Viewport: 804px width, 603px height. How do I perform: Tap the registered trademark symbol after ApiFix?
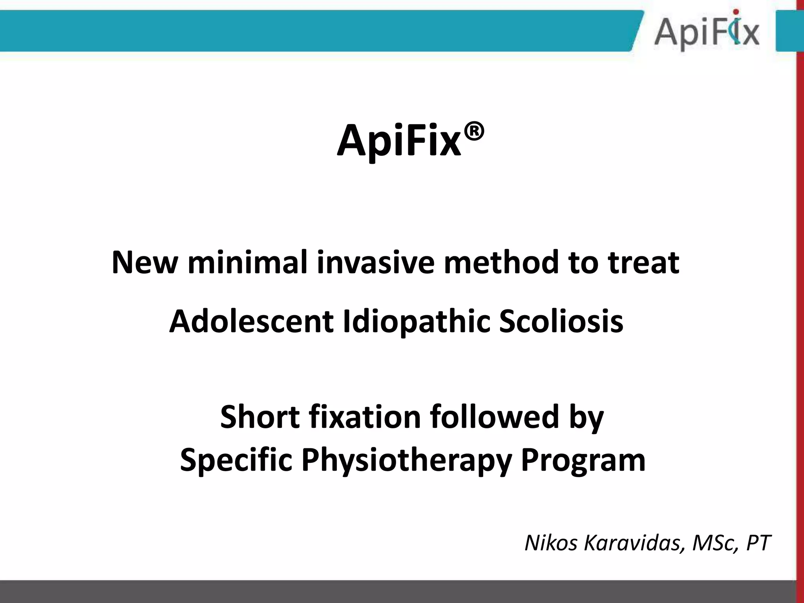pyautogui.click(x=474, y=131)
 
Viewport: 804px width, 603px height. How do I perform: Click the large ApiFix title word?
pyautogui.click(x=399, y=141)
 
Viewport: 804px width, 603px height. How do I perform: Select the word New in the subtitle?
pyautogui.click(x=144, y=262)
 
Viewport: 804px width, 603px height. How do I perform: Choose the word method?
pyautogui.click(x=501, y=262)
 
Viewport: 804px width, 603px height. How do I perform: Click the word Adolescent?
pyautogui.click(x=251, y=321)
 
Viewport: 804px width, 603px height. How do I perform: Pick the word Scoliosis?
pyautogui.click(x=561, y=321)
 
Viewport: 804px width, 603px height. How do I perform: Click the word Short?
pyautogui.click(x=260, y=417)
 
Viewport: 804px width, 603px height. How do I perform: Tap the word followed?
pyautogui.click(x=494, y=417)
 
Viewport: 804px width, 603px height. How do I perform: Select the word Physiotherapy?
pyautogui.click(x=406, y=460)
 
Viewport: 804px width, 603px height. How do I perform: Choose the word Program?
pyautogui.click(x=583, y=460)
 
